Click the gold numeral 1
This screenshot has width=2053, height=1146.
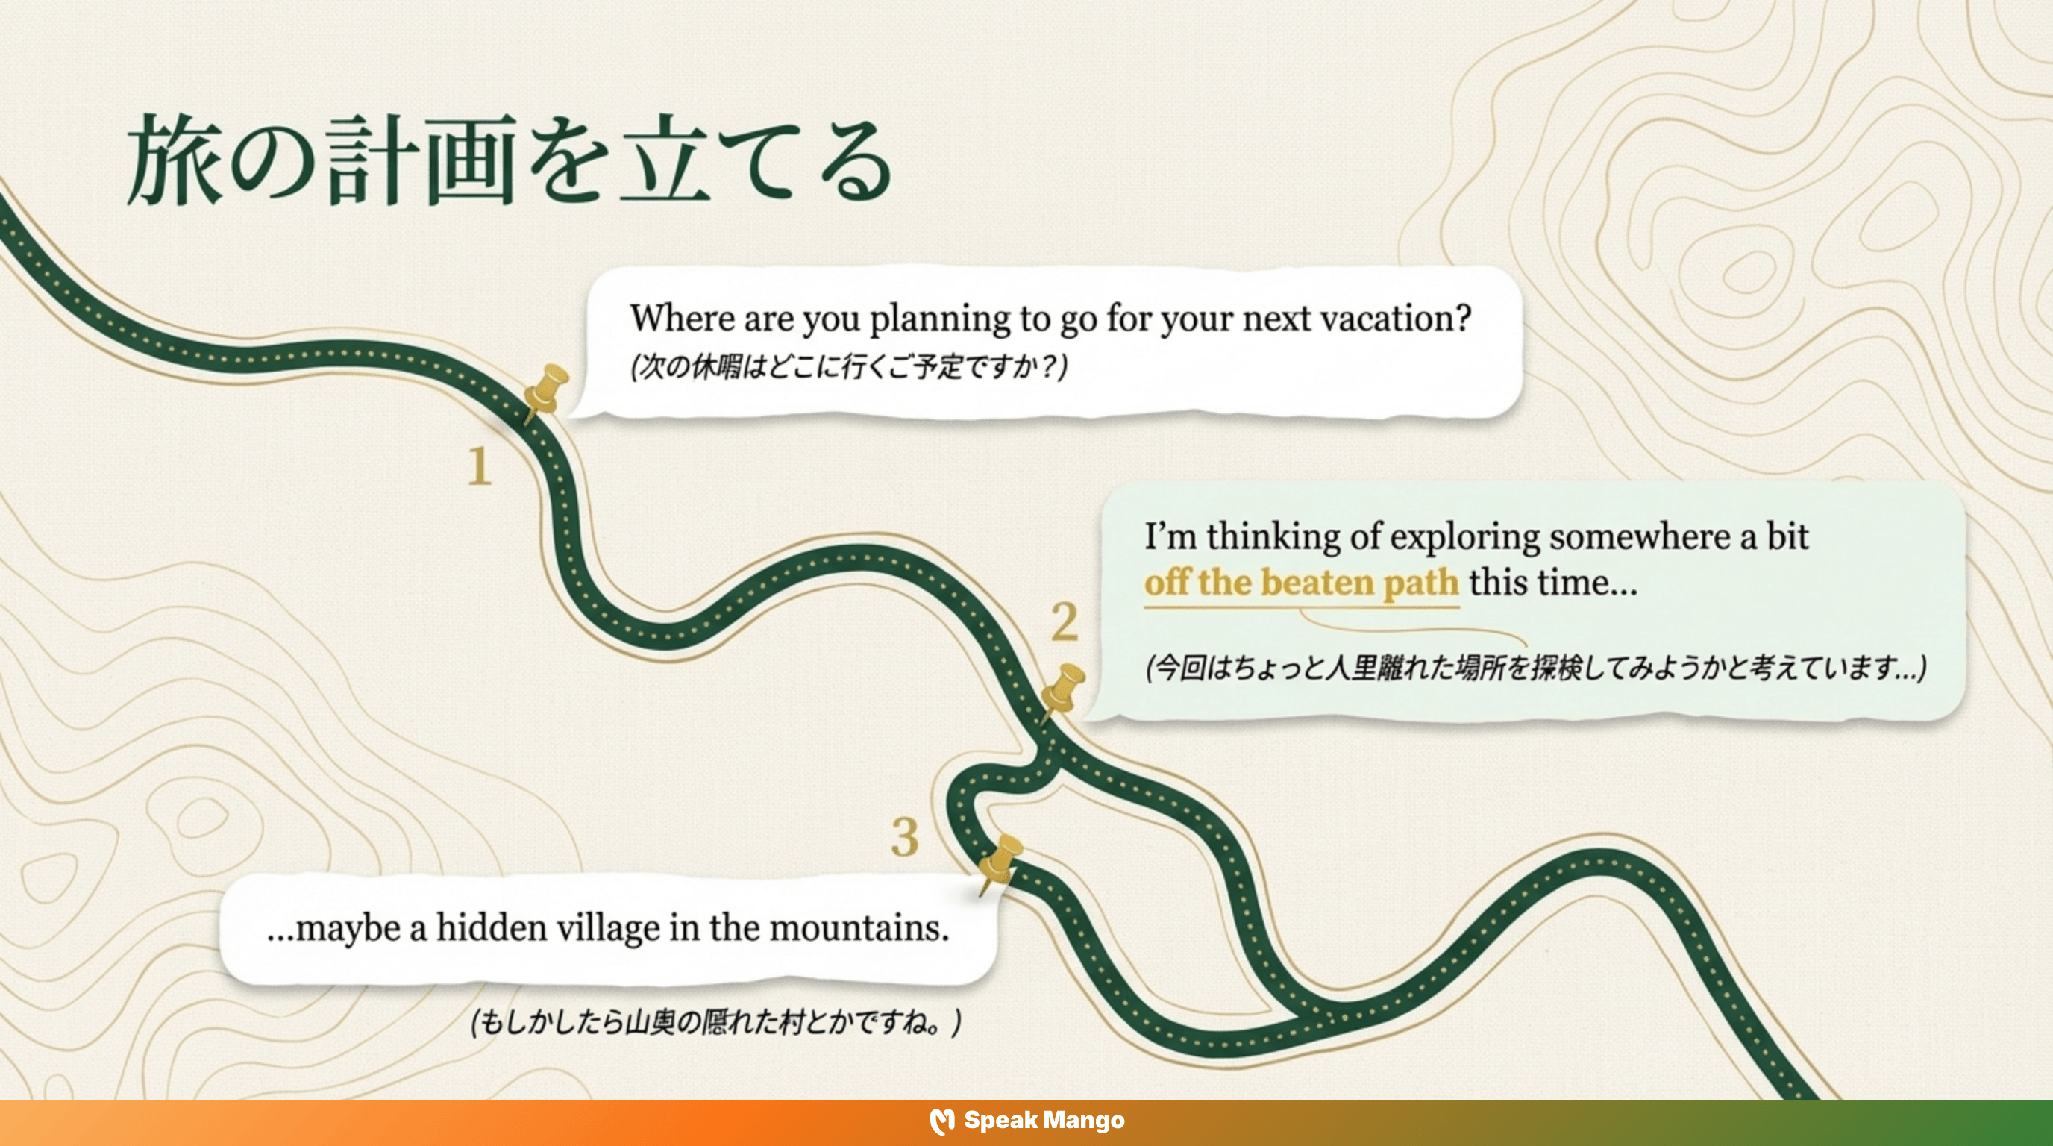[479, 466]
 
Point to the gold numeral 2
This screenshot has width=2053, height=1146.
[1065, 621]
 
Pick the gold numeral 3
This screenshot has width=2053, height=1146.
[905, 838]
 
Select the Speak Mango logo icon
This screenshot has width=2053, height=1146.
[942, 1121]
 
